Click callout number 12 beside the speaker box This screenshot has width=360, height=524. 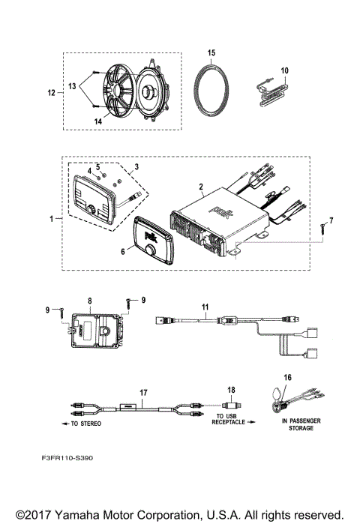pyautogui.click(x=52, y=93)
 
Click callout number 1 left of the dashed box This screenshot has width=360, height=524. pyautogui.click(x=51, y=219)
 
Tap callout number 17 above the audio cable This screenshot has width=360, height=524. pyautogui.click(x=144, y=391)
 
